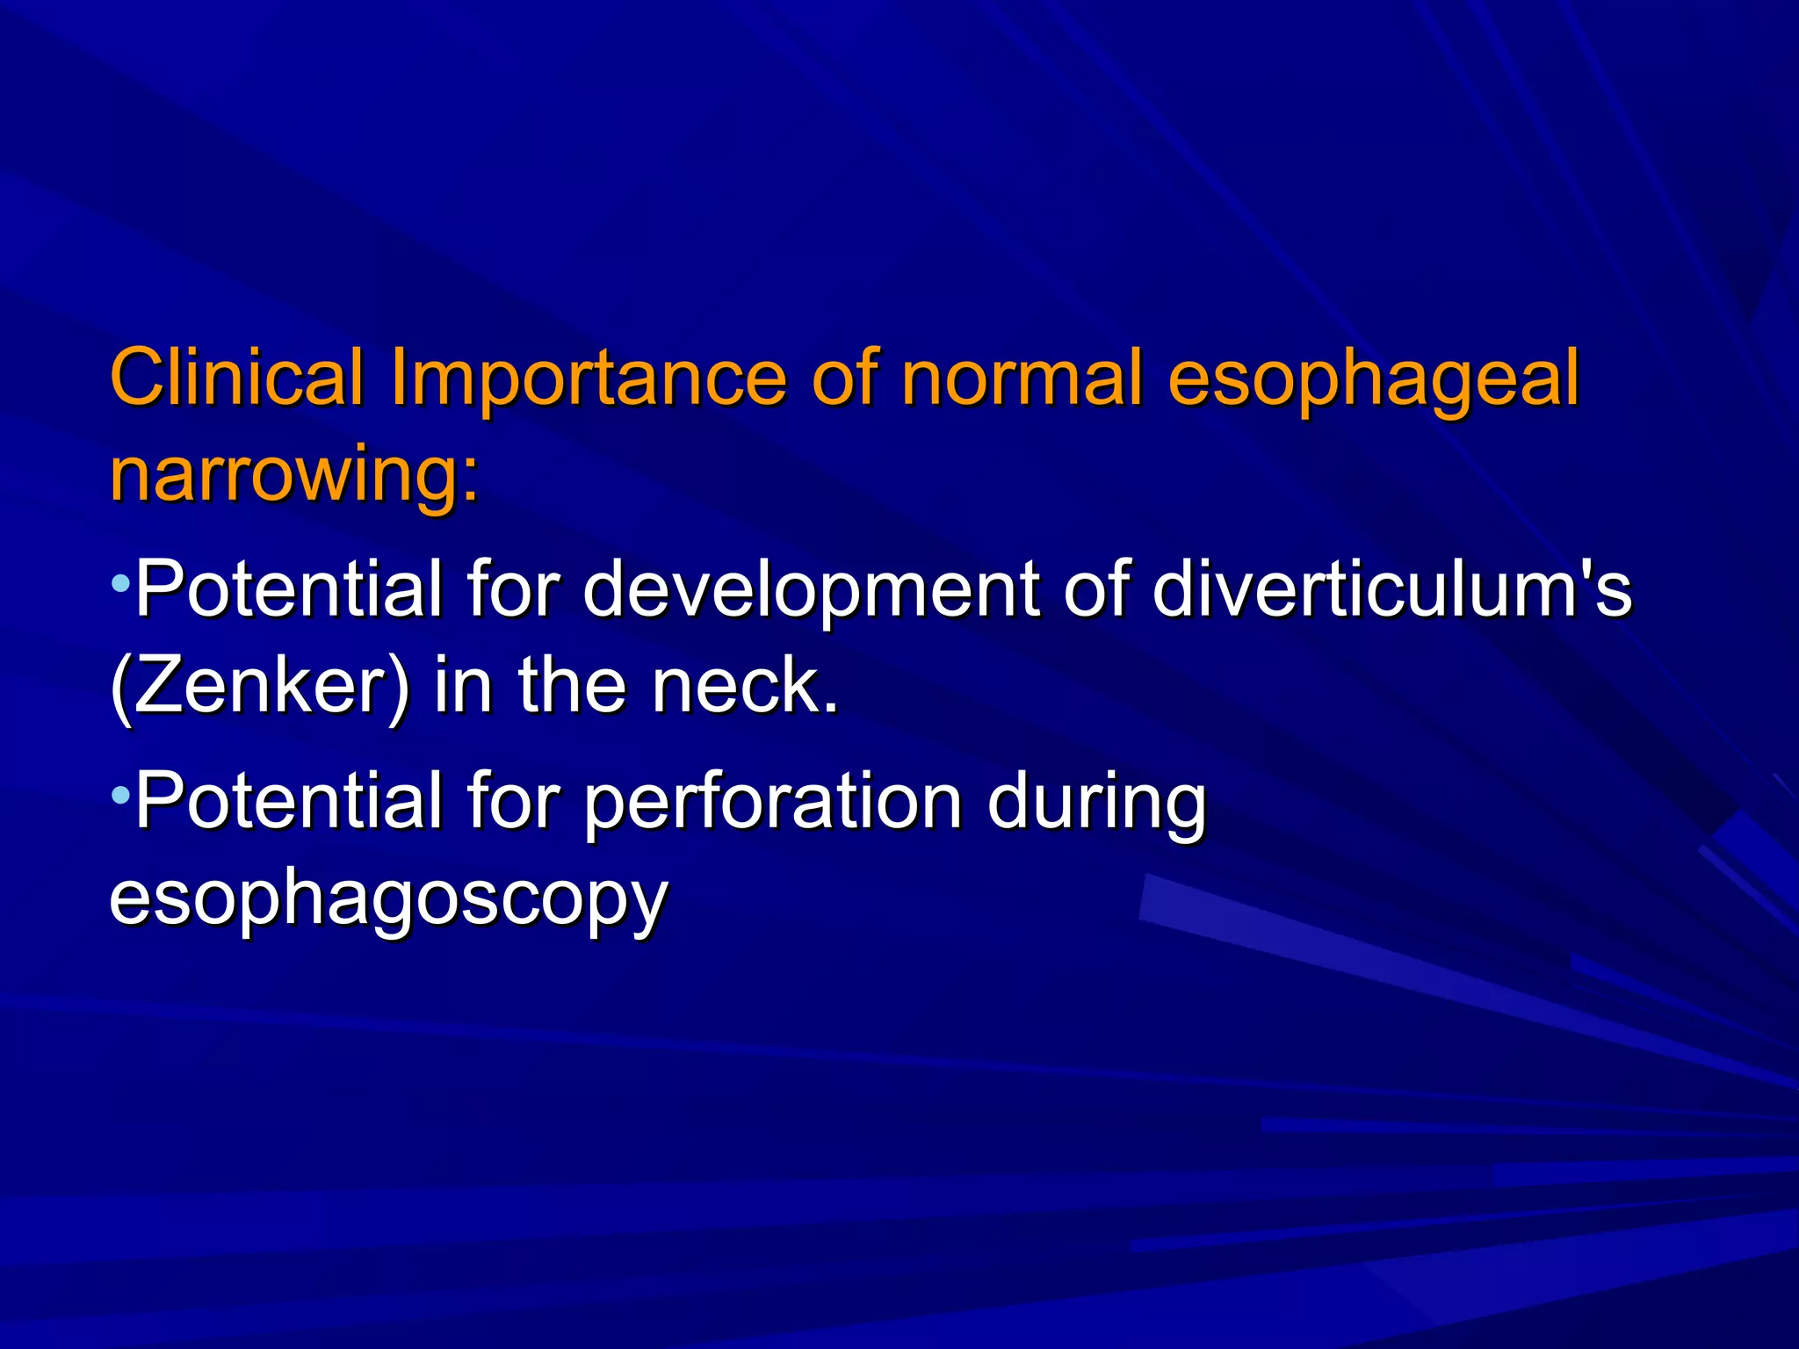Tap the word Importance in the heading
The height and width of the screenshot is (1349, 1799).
coord(587,379)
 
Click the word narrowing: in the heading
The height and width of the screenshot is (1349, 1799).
coord(294,474)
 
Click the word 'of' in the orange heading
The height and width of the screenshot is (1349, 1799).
coord(844,378)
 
